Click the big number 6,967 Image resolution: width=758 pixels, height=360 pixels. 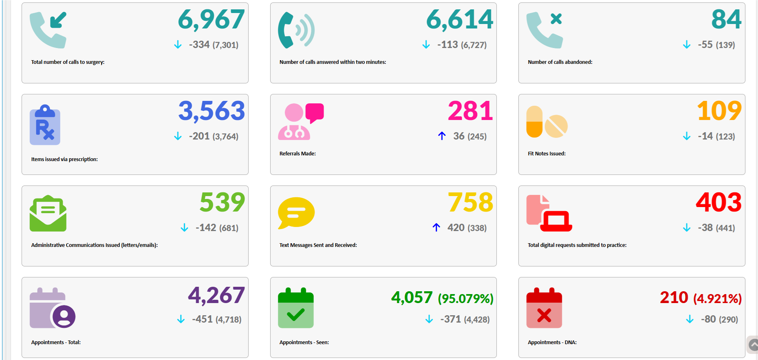click(211, 20)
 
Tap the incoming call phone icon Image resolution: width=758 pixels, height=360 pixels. click(48, 30)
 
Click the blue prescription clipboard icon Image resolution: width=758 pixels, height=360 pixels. click(45, 125)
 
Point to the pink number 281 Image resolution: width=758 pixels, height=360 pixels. click(470, 111)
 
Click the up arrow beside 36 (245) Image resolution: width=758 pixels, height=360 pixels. click(442, 136)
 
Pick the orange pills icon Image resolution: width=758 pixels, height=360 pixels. click(546, 122)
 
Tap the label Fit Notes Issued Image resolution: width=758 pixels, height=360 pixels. click(546, 154)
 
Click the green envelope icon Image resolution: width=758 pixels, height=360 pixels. click(48, 214)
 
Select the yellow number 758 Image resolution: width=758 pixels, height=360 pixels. click(470, 203)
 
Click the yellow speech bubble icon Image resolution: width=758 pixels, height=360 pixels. click(296, 213)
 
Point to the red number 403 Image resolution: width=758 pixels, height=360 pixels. click(719, 203)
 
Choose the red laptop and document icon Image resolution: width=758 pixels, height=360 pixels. click(549, 214)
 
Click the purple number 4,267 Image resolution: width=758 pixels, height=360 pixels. click(216, 295)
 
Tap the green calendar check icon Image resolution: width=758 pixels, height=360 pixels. click(296, 308)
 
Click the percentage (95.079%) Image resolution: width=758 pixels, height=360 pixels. click(465, 299)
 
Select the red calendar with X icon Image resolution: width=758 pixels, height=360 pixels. click(544, 308)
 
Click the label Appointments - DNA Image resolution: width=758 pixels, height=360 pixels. click(552, 343)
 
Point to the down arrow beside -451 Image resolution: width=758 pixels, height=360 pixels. click(181, 319)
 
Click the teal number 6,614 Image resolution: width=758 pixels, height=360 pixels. click(459, 20)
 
